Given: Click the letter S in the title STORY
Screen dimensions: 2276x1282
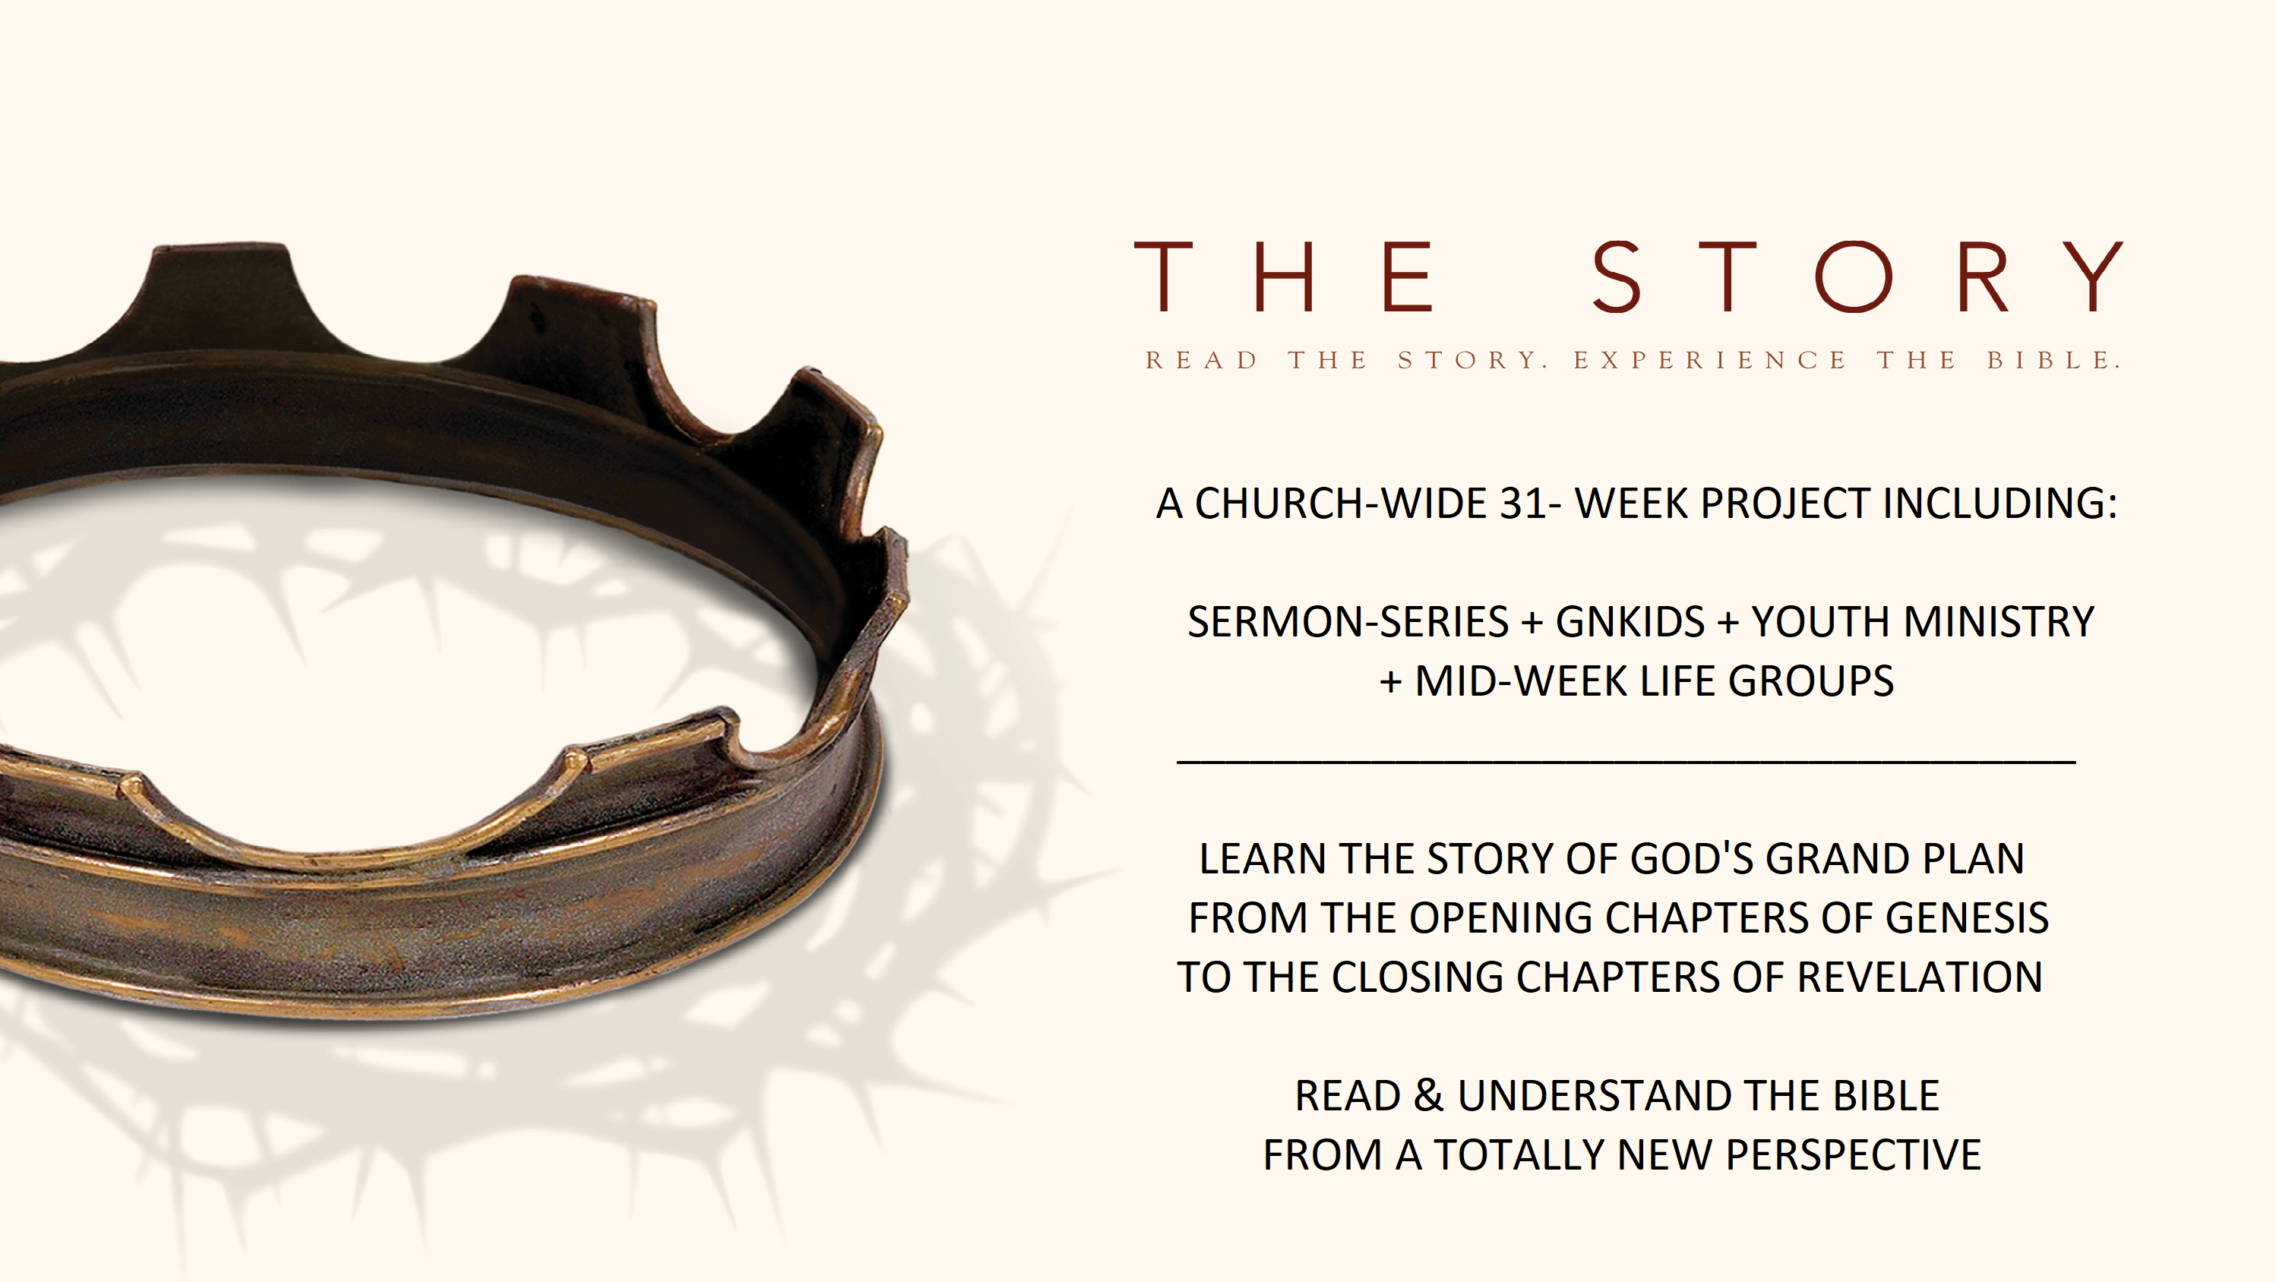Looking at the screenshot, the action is coord(1616,276).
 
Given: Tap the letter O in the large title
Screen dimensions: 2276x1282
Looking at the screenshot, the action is coord(1854,276).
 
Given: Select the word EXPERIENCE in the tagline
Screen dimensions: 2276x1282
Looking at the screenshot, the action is coord(1709,361).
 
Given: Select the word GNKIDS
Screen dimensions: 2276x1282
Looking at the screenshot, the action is coord(1630,622).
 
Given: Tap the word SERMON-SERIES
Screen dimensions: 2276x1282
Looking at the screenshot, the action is coord(1348,622).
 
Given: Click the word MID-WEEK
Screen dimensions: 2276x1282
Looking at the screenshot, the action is coord(1522,681).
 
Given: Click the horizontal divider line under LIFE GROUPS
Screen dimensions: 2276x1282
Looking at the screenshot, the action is coord(1626,761).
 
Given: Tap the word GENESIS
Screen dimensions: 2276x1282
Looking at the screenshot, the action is coord(1968,918).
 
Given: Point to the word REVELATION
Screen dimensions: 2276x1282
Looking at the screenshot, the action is coord(1920,977).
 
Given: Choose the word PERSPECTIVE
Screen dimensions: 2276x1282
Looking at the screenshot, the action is coord(1854,1154).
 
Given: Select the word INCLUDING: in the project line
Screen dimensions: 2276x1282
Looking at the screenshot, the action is coord(2001,504).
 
